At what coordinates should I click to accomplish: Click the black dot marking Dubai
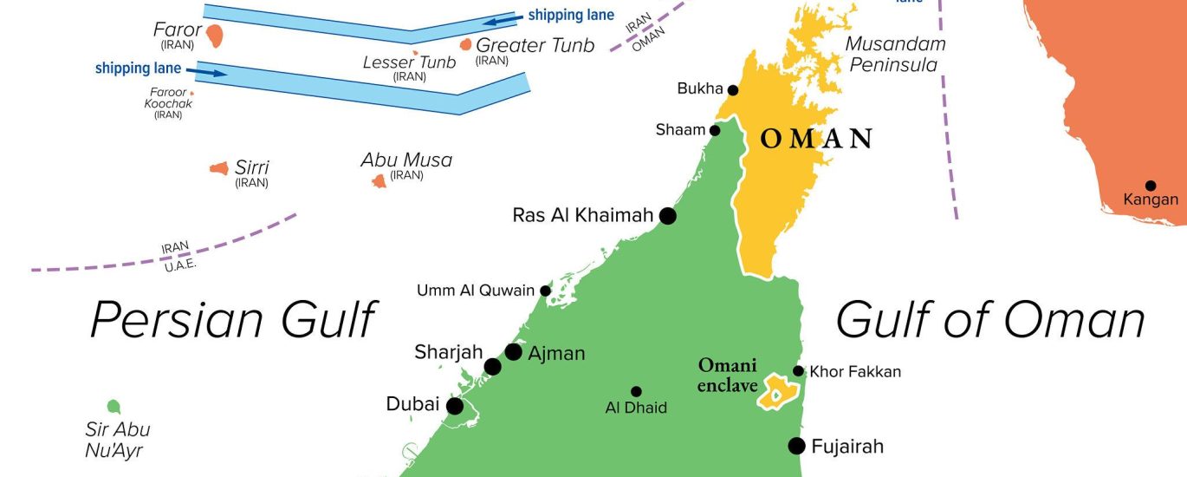tap(454, 406)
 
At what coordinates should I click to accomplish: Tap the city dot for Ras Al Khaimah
tap(667, 215)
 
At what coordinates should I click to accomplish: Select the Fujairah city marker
tap(796, 446)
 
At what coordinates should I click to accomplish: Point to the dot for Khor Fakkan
tap(798, 371)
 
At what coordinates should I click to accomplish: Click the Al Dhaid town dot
tap(636, 391)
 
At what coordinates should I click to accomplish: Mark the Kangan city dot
tap(1151, 186)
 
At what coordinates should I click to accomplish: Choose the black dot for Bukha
tap(733, 90)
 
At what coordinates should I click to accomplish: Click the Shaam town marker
tap(715, 131)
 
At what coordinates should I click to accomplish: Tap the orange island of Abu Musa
tap(379, 181)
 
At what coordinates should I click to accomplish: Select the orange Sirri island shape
tap(219, 168)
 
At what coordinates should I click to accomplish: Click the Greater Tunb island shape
tap(466, 44)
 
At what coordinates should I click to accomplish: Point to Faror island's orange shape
tap(214, 36)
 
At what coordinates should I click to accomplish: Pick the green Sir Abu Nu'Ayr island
tap(114, 406)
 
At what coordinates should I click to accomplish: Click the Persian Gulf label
tap(232, 319)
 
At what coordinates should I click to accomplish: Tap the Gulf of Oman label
tap(989, 319)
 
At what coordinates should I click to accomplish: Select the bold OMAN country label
tap(815, 139)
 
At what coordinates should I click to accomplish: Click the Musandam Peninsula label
tap(895, 54)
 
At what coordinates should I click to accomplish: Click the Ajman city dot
tap(513, 351)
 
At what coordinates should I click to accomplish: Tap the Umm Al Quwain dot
tap(545, 291)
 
